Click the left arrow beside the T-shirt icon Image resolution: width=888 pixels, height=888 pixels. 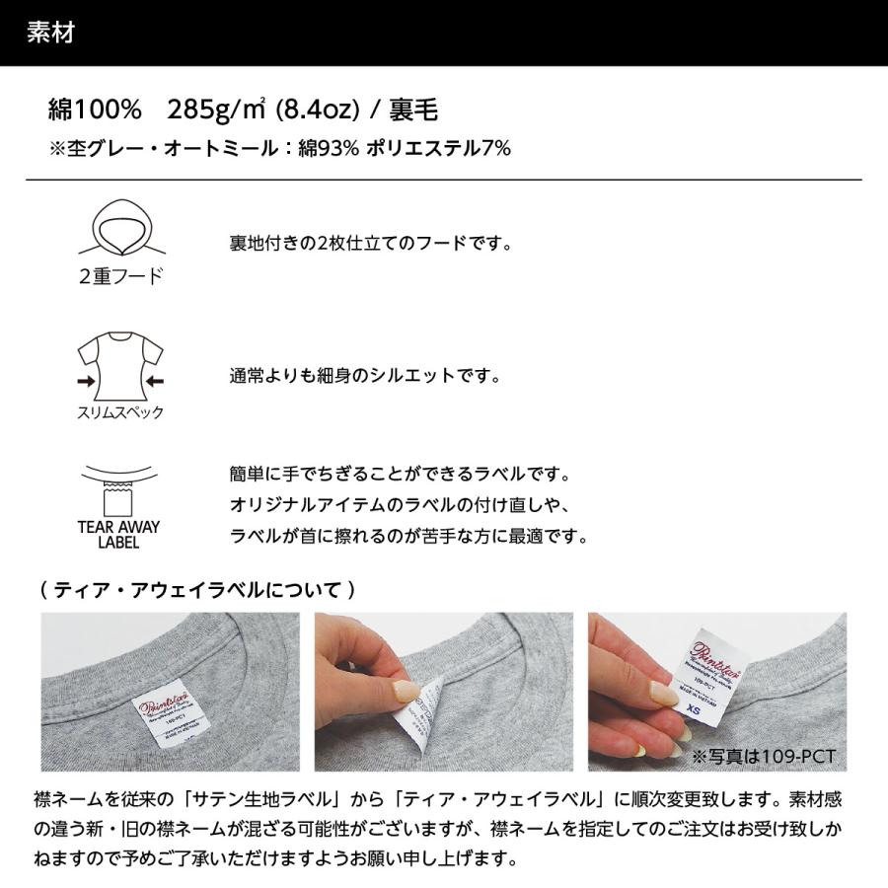pyautogui.click(x=87, y=380)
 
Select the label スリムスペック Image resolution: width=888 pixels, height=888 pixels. pyautogui.click(x=119, y=413)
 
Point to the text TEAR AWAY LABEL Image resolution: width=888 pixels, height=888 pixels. pyautogui.click(x=118, y=534)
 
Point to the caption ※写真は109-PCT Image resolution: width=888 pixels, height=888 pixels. pyautogui.click(x=763, y=757)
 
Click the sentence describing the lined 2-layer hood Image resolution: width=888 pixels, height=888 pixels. pyautogui.click(x=370, y=243)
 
